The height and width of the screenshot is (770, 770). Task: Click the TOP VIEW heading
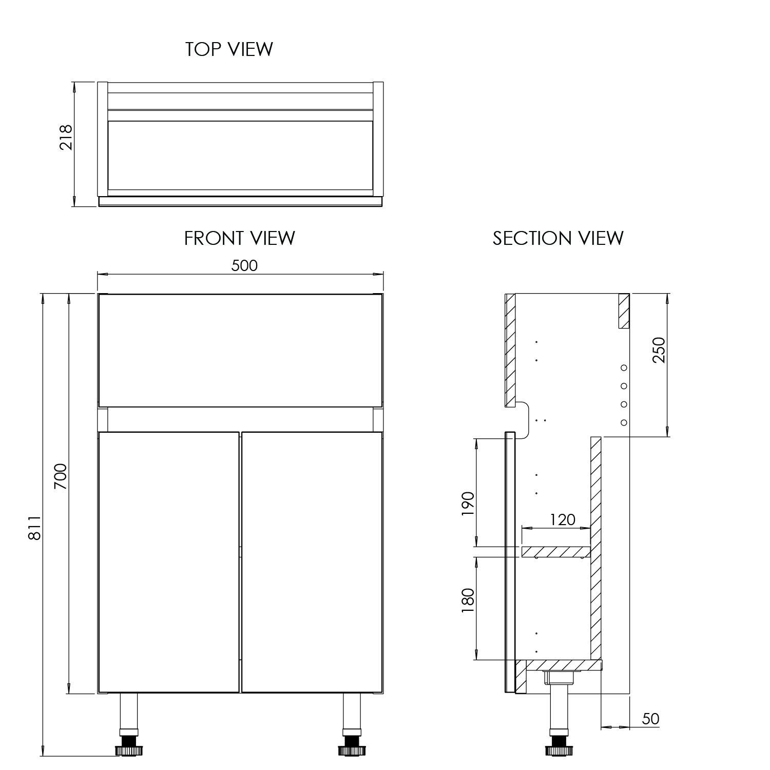coord(229,49)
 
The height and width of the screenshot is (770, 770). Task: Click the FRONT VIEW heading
coord(240,238)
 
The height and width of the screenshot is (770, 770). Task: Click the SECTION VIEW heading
coord(558,238)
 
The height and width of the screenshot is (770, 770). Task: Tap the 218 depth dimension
coord(66,137)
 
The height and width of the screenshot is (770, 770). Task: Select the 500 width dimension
coord(244,265)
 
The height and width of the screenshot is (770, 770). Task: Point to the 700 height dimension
coord(61,476)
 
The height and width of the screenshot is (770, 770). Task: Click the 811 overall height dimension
coord(34,527)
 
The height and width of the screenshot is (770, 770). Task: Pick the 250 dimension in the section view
coord(659,350)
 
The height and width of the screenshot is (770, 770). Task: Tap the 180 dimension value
coord(468,601)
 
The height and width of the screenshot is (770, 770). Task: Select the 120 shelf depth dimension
coord(563,520)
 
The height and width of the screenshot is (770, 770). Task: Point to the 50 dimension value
coord(650,719)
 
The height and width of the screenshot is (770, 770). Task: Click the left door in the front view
coord(169,562)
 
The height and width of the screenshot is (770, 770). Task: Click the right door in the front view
coord(312,562)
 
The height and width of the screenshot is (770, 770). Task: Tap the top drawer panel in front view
coord(240,350)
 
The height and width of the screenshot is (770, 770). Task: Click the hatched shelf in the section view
coord(555,552)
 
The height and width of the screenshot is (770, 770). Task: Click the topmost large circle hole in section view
coord(624,368)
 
